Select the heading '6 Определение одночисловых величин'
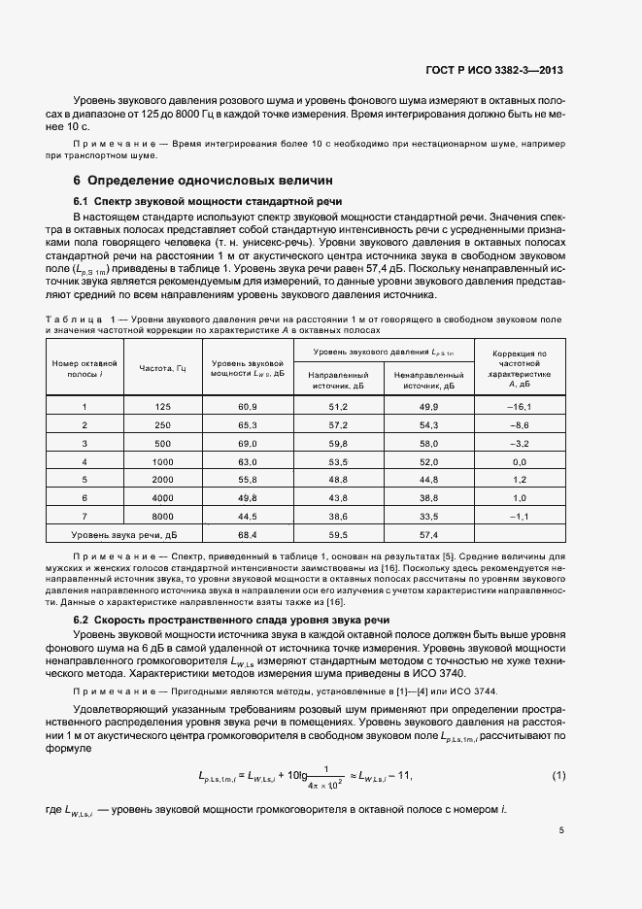click(203, 180)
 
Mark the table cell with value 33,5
click(428, 516)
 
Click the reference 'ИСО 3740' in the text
click(438, 674)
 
